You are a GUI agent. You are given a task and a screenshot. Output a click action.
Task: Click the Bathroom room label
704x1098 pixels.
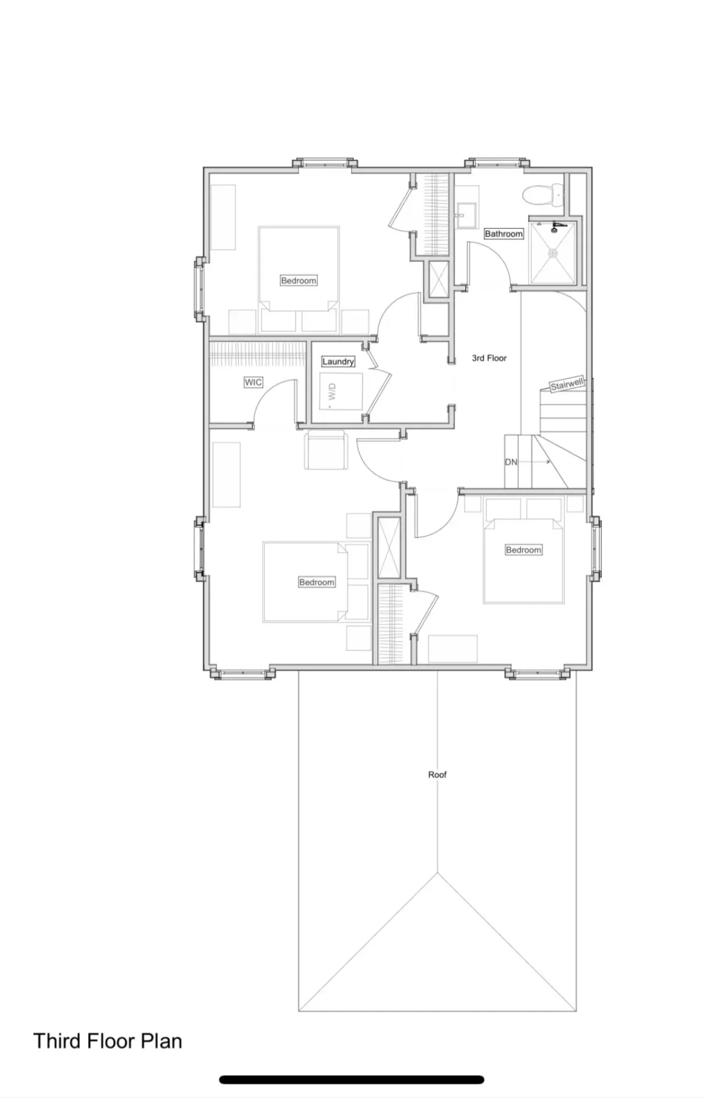503,234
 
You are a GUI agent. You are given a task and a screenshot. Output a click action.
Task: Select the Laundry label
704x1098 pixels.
338,362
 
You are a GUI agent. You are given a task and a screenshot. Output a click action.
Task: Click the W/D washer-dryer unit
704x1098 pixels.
341,391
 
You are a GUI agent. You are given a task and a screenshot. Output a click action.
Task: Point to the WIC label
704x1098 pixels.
253,383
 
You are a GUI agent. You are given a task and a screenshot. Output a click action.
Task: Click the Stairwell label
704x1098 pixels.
567,384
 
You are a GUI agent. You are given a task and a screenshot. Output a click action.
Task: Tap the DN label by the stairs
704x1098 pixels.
511,462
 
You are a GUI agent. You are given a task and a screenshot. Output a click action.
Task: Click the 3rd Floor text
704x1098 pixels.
489,358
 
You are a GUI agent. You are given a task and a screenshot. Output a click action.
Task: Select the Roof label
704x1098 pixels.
437,775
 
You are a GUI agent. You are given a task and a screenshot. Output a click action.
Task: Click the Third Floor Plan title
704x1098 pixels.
108,1040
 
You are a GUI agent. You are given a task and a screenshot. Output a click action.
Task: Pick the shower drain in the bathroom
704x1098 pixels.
552,254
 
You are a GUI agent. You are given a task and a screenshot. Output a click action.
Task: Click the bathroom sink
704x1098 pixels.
468,215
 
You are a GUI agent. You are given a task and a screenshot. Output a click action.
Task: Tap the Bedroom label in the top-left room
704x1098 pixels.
299,281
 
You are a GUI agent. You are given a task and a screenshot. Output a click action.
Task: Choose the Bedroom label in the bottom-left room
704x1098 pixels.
317,582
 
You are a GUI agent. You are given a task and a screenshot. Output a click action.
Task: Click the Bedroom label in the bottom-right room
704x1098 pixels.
523,550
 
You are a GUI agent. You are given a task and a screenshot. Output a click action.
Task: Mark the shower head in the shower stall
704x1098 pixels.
557,226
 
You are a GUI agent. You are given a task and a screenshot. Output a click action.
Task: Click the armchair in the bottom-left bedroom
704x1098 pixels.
325,450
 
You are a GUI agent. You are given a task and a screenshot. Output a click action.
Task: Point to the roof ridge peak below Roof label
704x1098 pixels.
437,873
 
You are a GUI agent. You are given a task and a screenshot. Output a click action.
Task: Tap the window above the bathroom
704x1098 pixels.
496,163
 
